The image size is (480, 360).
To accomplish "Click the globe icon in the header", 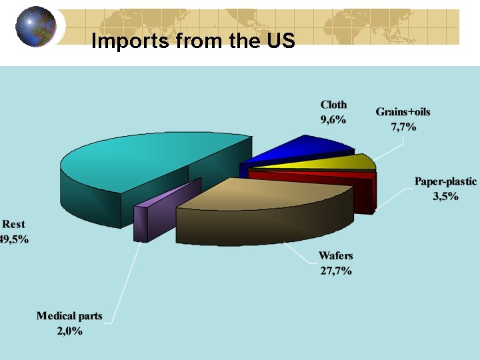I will pos(35,26).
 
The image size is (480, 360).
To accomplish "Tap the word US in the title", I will pos(280,41).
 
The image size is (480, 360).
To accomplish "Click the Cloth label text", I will pos(333,105).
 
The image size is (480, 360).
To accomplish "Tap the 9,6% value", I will pos(333,120).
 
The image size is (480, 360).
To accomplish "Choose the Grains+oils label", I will pos(403,111).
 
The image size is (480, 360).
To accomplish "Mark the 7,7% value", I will pos(403,127).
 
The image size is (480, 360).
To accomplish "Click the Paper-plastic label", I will pos(445,181).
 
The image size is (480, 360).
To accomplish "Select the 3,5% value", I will pos(445,197).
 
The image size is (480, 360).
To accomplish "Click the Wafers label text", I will pos(335,255).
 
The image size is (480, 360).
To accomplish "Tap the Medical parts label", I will pos(69,316).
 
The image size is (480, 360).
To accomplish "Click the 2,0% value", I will pos(69,331).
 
